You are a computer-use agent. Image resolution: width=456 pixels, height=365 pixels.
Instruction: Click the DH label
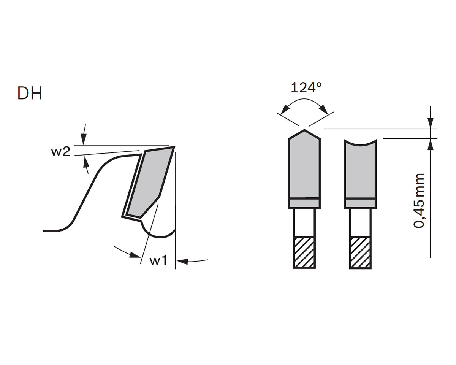point(30,93)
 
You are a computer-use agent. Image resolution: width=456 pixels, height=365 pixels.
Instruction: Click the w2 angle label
point(60,152)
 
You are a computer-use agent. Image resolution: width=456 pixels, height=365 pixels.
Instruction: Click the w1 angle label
point(158,261)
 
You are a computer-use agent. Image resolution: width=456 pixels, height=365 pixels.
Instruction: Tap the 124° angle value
point(306,87)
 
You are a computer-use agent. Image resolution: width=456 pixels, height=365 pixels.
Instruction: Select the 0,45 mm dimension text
point(419,201)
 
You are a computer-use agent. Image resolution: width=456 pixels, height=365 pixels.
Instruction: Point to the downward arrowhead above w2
point(84,140)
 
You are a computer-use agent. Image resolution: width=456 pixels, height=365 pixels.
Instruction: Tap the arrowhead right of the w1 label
point(182,262)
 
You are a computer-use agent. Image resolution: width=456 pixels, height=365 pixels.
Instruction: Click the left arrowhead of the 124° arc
point(285,109)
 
